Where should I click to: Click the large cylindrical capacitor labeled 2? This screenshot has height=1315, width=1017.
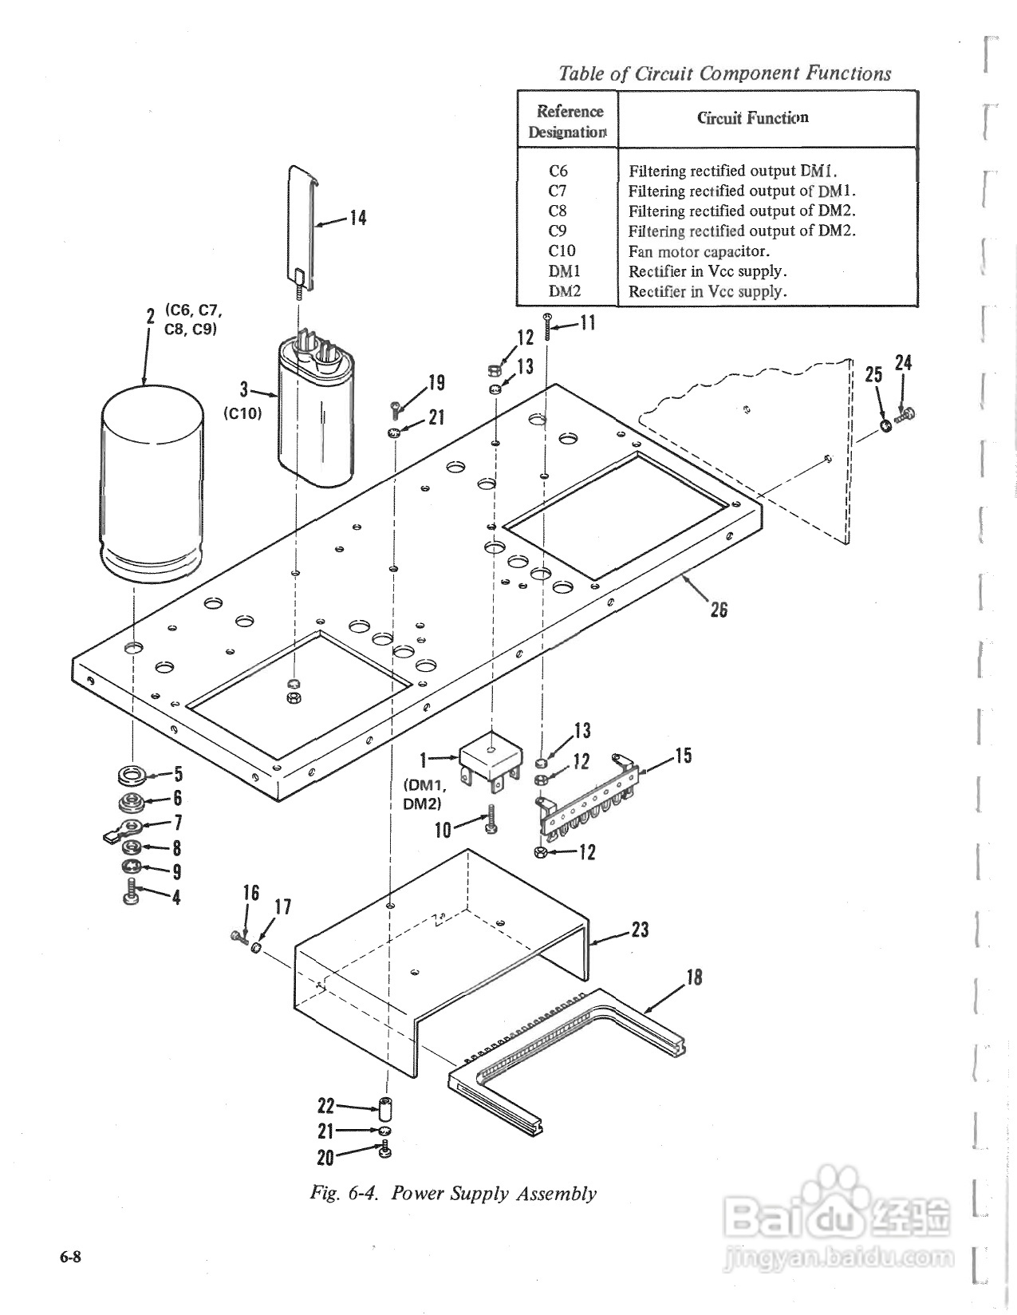pyautogui.click(x=152, y=484)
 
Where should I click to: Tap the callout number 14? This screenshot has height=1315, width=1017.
pyautogui.click(x=358, y=218)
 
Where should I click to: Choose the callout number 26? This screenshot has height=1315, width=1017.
pyautogui.click(x=719, y=610)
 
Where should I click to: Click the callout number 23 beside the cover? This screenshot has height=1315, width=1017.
pyautogui.click(x=640, y=929)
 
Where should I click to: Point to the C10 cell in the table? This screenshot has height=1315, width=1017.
pyautogui.click(x=561, y=251)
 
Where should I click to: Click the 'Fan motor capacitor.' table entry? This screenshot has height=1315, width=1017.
pyautogui.click(x=699, y=251)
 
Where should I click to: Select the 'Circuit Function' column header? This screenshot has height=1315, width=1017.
pyautogui.click(x=752, y=117)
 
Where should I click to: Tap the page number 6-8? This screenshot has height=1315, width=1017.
pyautogui.click(x=70, y=1257)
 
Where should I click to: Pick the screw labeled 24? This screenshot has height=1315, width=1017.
pyautogui.click(x=905, y=415)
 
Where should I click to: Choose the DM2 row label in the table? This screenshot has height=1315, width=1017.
pyautogui.click(x=564, y=291)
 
